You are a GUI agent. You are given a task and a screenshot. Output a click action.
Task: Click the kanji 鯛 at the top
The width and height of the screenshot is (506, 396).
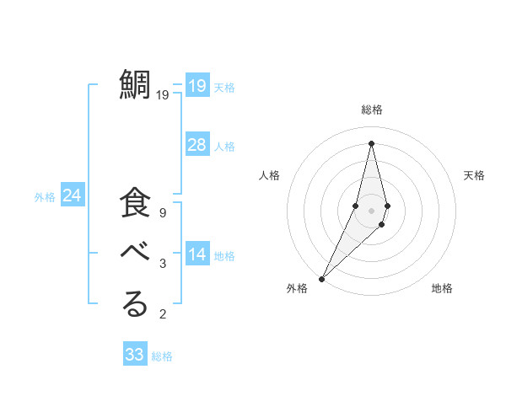135,85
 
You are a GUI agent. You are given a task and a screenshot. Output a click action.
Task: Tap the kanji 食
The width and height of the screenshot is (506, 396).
135,205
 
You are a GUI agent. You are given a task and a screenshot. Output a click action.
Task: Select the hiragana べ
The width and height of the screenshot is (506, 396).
135,254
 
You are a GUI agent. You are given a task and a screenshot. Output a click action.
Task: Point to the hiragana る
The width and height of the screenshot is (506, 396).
135,304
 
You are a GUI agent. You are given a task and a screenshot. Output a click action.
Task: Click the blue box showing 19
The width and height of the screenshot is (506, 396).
196,86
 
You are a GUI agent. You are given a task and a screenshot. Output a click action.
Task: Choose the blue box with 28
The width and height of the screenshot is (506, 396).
196,145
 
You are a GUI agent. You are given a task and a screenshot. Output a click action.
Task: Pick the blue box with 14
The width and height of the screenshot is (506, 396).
196,254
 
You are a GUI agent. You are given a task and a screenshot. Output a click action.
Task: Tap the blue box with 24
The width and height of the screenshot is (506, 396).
72,195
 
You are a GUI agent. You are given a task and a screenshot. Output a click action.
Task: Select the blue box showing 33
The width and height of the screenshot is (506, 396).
134,355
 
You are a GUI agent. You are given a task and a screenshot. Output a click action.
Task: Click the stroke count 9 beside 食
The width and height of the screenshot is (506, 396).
162,213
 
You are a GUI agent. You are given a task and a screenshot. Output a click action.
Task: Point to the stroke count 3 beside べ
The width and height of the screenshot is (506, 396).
162,264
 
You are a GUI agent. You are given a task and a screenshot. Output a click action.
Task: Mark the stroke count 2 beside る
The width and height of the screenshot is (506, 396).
162,314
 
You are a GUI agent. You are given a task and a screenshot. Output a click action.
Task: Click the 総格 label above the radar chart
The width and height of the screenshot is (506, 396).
371,110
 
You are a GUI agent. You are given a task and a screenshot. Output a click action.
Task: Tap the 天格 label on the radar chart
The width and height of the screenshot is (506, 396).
474,175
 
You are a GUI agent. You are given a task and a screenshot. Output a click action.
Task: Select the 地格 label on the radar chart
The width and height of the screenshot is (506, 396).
442,289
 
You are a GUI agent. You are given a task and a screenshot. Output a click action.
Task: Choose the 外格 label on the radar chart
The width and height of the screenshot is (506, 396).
297,289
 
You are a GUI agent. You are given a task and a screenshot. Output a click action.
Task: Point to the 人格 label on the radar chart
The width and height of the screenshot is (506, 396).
269,175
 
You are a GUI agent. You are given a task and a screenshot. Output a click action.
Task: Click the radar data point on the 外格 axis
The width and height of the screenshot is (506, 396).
321,278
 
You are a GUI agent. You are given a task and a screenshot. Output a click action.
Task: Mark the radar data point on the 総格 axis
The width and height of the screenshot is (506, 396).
371,143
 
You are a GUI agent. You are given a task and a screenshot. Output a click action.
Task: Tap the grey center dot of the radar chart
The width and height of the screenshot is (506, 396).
371,210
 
